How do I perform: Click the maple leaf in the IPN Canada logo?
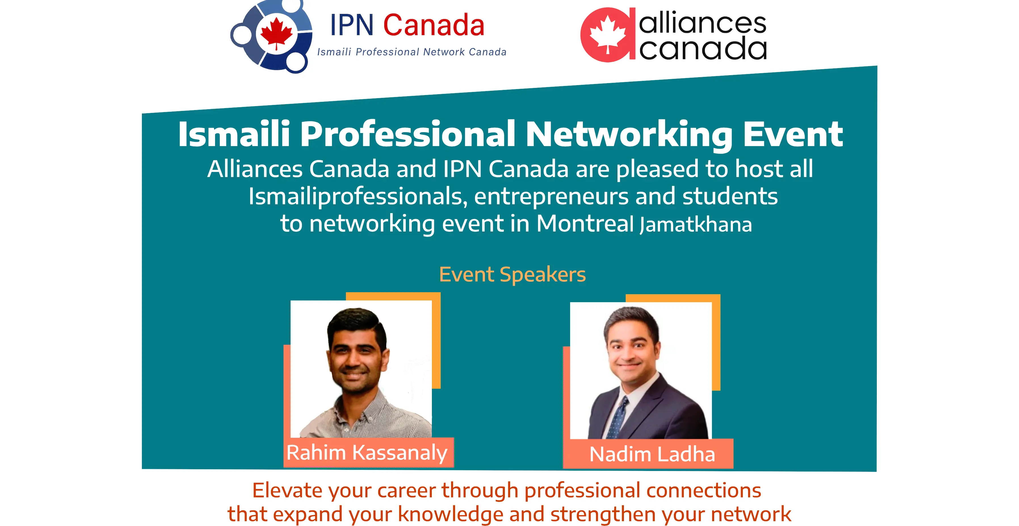coord(276,33)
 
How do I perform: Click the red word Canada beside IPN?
coord(434,25)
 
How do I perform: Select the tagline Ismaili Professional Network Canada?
coord(412,52)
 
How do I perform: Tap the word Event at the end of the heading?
coord(793,134)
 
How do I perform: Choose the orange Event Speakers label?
coord(512,274)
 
